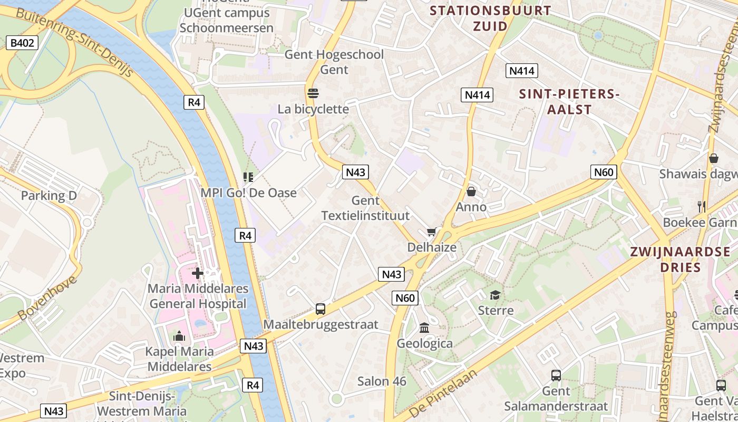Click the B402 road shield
click(x=23, y=43)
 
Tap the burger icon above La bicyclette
click(x=313, y=93)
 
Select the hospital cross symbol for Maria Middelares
click(x=198, y=273)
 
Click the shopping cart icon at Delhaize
click(x=432, y=232)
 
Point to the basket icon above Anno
click(x=471, y=191)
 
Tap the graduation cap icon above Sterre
click(x=495, y=295)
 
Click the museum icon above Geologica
click(x=424, y=328)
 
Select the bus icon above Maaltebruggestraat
click(x=320, y=309)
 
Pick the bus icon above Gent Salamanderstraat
click(x=556, y=376)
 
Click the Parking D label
click(x=49, y=196)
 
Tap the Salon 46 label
click(x=382, y=381)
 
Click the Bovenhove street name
click(x=47, y=298)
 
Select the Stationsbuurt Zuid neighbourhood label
click(x=490, y=18)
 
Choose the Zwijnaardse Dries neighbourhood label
click(x=681, y=259)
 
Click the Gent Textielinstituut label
click(x=365, y=208)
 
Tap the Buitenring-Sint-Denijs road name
click(x=74, y=43)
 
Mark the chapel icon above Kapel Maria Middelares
click(x=179, y=335)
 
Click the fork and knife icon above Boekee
click(x=702, y=207)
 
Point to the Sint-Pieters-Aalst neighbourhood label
click(x=569, y=102)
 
